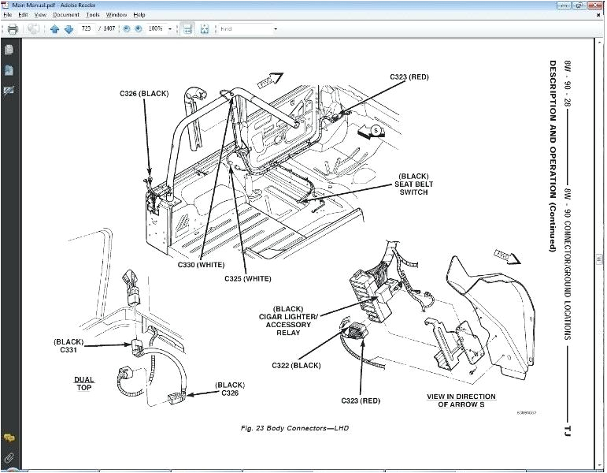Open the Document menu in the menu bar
click(66, 15)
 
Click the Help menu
click(139, 15)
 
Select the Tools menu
click(93, 15)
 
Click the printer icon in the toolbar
click(12, 29)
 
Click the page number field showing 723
click(87, 29)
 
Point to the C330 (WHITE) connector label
click(200, 266)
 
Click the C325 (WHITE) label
click(247, 278)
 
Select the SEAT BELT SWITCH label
click(413, 184)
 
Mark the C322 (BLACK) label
click(296, 365)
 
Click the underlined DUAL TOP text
click(84, 384)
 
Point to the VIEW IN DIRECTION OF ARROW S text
click(461, 400)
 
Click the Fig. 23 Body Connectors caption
click(294, 428)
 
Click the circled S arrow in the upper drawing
click(376, 129)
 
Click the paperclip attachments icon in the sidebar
click(9, 456)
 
